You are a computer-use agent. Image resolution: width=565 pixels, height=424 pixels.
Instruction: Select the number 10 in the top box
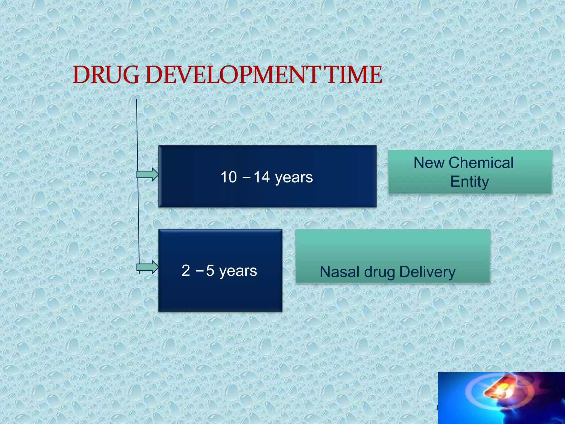tap(228, 177)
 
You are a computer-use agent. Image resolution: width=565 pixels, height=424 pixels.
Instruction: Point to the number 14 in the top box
tap(261, 177)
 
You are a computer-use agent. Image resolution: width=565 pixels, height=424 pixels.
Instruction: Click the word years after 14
tap(294, 177)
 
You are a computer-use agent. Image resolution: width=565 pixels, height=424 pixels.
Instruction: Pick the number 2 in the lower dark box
tap(186, 271)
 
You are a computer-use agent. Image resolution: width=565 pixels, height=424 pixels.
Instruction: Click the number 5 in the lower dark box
tap(210, 271)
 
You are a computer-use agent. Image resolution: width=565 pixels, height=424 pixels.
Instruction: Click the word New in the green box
tap(429, 163)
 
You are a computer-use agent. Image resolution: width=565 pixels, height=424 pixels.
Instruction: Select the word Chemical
tap(481, 163)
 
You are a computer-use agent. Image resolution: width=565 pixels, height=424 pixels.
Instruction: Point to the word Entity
tap(470, 182)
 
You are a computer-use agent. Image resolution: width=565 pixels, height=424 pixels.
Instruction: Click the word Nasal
tap(340, 272)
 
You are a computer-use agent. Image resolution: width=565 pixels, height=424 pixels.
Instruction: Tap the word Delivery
tap(427, 272)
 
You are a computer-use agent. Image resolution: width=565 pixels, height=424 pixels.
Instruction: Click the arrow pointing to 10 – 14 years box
tap(148, 174)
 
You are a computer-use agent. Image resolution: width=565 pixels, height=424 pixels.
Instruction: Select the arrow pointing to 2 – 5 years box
tap(148, 267)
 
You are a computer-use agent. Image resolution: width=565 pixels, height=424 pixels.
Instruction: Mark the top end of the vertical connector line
tap(137, 100)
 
